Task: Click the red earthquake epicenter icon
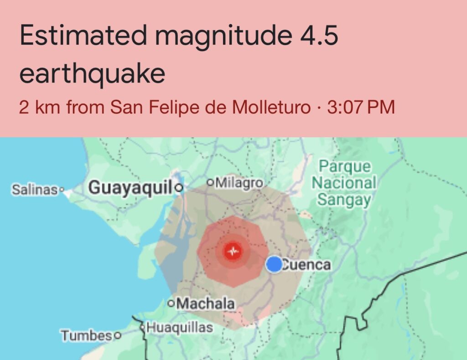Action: tap(233, 251)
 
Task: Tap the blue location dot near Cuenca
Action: tap(274, 264)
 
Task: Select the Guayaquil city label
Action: tap(130, 187)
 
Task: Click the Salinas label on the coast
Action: tap(35, 189)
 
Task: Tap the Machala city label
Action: tap(206, 303)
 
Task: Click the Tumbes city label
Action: tap(87, 336)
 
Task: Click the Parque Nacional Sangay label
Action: tap(344, 183)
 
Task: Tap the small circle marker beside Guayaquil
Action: tap(179, 187)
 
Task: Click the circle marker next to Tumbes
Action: tap(118, 336)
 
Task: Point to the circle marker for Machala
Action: tap(171, 303)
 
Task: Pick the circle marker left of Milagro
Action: tap(210, 183)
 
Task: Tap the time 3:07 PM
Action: tap(360, 108)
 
